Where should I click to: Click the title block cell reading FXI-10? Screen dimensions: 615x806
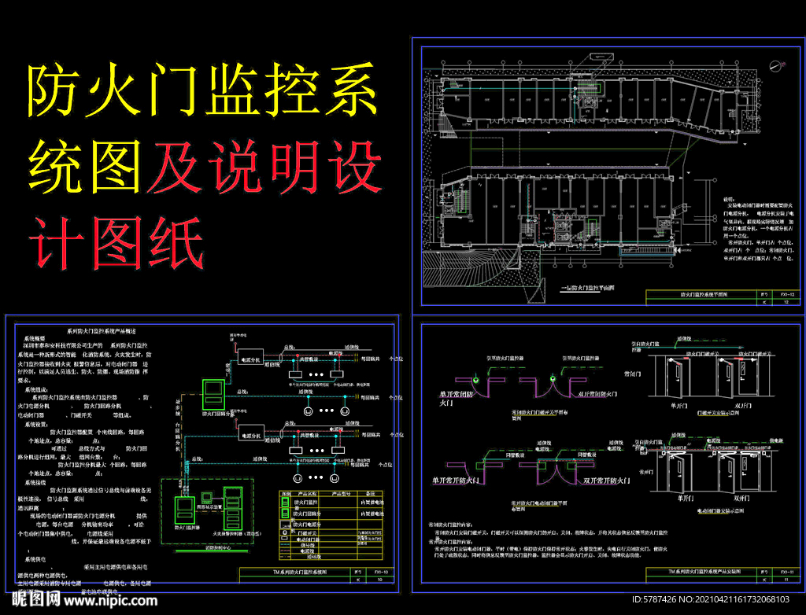380,573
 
